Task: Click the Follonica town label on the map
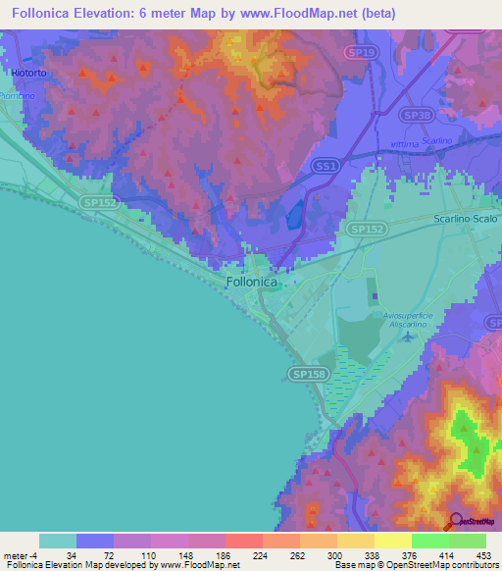[252, 282]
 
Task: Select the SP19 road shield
[362, 51]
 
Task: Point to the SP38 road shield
[417, 115]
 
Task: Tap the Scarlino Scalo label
[467, 221]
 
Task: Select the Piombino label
[16, 95]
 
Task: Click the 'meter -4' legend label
[20, 554]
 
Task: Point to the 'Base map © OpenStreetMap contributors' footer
[413, 565]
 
